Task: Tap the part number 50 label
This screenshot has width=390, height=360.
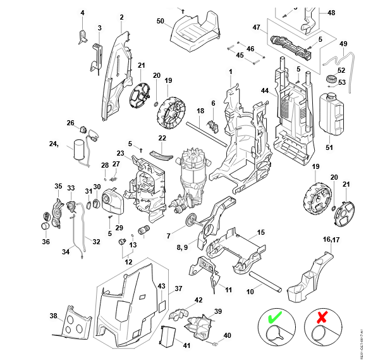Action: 160,22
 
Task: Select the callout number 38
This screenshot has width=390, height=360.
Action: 53,316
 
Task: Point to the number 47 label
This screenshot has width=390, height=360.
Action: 257,28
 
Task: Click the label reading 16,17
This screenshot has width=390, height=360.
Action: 332,239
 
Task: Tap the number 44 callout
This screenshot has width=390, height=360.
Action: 265,91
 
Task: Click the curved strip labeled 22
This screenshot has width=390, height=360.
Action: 161,153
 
